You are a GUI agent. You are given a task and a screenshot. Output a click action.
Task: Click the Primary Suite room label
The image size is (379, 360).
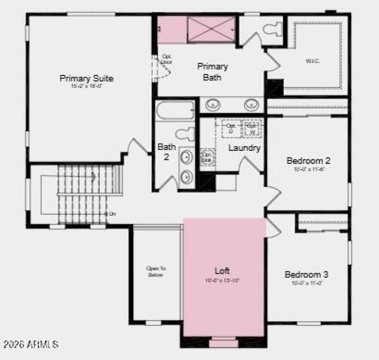click(x=86, y=78)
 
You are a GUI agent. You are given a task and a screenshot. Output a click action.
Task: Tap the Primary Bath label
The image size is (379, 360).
click(x=212, y=71)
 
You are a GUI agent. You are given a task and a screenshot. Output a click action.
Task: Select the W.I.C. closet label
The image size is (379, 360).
click(x=313, y=61)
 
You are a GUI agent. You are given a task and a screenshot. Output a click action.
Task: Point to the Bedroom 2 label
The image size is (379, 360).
click(x=308, y=161)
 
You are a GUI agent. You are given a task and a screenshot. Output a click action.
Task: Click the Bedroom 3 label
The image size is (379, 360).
click(x=306, y=274)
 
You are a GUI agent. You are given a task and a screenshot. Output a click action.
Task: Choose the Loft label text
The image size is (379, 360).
click(x=222, y=271)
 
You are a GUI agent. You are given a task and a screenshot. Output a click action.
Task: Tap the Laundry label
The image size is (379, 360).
click(x=244, y=148)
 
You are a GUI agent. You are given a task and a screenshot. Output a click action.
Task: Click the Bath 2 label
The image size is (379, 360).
click(x=167, y=152)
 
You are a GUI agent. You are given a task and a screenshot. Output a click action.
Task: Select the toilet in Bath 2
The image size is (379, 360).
click(x=184, y=134)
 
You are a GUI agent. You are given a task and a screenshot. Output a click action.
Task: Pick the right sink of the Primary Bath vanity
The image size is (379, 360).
click(x=251, y=104)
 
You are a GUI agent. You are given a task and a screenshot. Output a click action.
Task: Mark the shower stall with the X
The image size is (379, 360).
click(x=211, y=29)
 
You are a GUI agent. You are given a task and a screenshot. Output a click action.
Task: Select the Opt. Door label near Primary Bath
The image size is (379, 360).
click(x=166, y=59)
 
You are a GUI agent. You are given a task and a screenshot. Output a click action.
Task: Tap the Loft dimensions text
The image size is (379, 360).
click(x=222, y=280)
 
